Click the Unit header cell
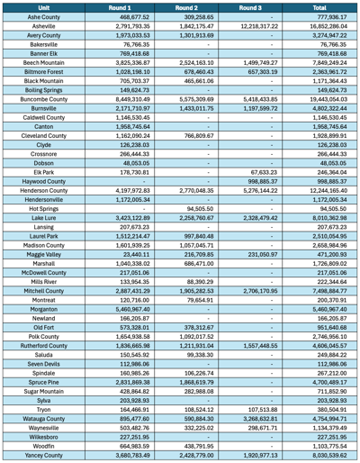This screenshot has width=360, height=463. point(45,6)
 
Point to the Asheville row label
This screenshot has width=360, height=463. point(45,28)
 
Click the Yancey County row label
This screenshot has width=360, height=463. point(45,456)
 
